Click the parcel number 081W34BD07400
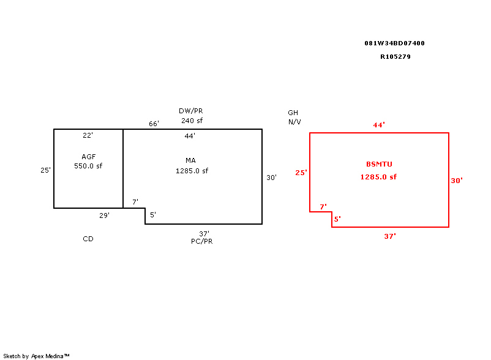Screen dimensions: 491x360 point(394,43)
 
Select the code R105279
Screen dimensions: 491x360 point(395,57)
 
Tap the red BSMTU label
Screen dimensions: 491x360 point(379,164)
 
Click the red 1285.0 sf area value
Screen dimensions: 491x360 point(378,177)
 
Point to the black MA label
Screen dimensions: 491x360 point(190,160)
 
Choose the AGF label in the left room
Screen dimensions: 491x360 point(89,157)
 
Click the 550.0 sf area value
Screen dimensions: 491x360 point(88,166)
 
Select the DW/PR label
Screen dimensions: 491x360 point(190,111)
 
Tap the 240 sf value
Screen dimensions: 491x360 point(192,121)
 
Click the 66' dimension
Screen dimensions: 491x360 point(154,124)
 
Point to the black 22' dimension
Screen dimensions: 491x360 point(88,135)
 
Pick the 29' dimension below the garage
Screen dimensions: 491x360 point(104,216)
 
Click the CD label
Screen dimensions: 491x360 point(88,239)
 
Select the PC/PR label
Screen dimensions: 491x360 point(202,241)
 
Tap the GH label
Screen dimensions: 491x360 point(293,113)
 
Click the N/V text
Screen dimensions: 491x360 point(294,122)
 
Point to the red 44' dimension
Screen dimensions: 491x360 point(379,125)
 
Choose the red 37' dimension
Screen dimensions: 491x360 point(390,236)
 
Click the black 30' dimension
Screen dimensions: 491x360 point(271,178)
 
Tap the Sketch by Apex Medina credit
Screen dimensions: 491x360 point(36,356)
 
